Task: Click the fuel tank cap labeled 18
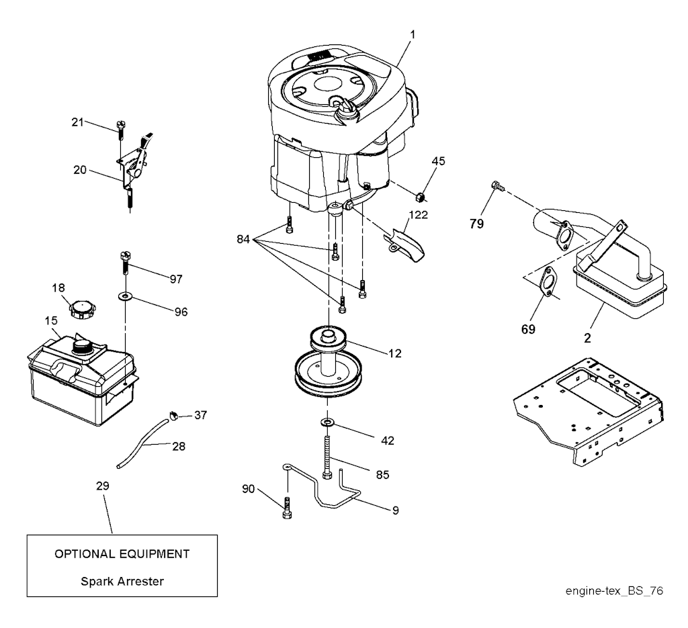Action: pos(83,310)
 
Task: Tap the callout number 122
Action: pos(418,215)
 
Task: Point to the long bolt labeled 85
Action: pos(328,457)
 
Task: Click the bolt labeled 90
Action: pos(287,508)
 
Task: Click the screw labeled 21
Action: pos(121,130)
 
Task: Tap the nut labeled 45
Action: pos(421,197)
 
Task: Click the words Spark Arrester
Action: pos(122,582)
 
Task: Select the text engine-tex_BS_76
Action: pos(614,591)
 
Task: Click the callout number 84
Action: pos(243,239)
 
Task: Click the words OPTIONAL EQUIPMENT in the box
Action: pos(122,554)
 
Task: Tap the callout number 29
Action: pos(103,486)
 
